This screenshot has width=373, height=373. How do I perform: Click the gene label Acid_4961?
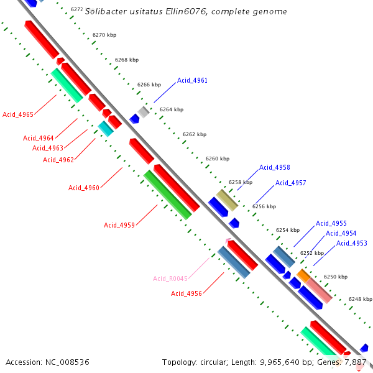click(x=192, y=80)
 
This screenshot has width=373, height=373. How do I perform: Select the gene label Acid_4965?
click(x=18, y=114)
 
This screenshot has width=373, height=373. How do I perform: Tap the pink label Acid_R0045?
click(x=170, y=279)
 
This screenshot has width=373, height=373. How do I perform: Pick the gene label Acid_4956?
click(x=186, y=293)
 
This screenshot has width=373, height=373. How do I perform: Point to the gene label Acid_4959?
click(x=119, y=225)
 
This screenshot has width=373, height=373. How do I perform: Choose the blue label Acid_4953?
click(x=352, y=243)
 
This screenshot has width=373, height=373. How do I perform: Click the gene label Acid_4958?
click(x=275, y=167)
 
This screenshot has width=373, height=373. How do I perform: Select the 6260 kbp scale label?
click(x=218, y=159)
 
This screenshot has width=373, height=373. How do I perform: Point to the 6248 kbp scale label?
click(x=360, y=299)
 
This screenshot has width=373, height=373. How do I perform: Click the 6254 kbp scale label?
click(x=288, y=230)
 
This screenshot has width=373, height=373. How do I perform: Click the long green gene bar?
click(x=168, y=195)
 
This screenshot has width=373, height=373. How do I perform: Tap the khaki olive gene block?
click(x=227, y=200)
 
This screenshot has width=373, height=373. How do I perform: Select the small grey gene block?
click(x=144, y=112)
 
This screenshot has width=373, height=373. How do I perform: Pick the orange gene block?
click(x=303, y=274)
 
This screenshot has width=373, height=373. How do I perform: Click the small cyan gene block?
click(x=106, y=129)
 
